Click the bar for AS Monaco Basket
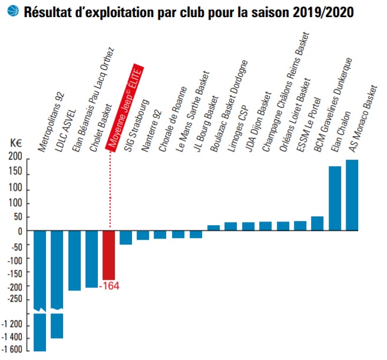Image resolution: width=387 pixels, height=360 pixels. [x=352, y=194]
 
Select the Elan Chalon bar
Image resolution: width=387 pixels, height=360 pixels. [x=335, y=198]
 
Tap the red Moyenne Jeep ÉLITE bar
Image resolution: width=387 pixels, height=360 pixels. [x=109, y=255]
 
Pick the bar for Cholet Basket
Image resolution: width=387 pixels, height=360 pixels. [x=92, y=259]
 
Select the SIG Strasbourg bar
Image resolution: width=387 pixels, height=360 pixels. [x=126, y=237]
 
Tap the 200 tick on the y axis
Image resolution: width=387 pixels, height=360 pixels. [x=15, y=157]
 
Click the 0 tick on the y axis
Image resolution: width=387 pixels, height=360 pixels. [x=19, y=231]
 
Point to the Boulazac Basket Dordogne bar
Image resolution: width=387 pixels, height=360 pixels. [x=213, y=227]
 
